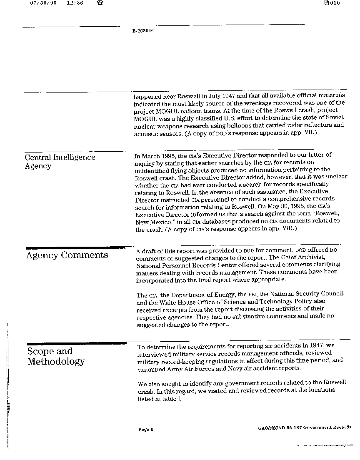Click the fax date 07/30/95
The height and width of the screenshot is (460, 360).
(43, 3)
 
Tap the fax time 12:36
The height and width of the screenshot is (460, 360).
(75, 3)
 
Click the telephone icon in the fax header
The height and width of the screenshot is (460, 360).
(100, 3)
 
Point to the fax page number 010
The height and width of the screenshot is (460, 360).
(335, 3)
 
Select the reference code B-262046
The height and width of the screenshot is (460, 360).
(143, 30)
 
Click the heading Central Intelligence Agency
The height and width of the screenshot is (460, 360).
(60, 162)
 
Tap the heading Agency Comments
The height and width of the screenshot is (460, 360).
(67, 255)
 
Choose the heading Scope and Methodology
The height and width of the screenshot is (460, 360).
(56, 356)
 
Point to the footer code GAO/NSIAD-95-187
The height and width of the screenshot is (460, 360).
(280, 427)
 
